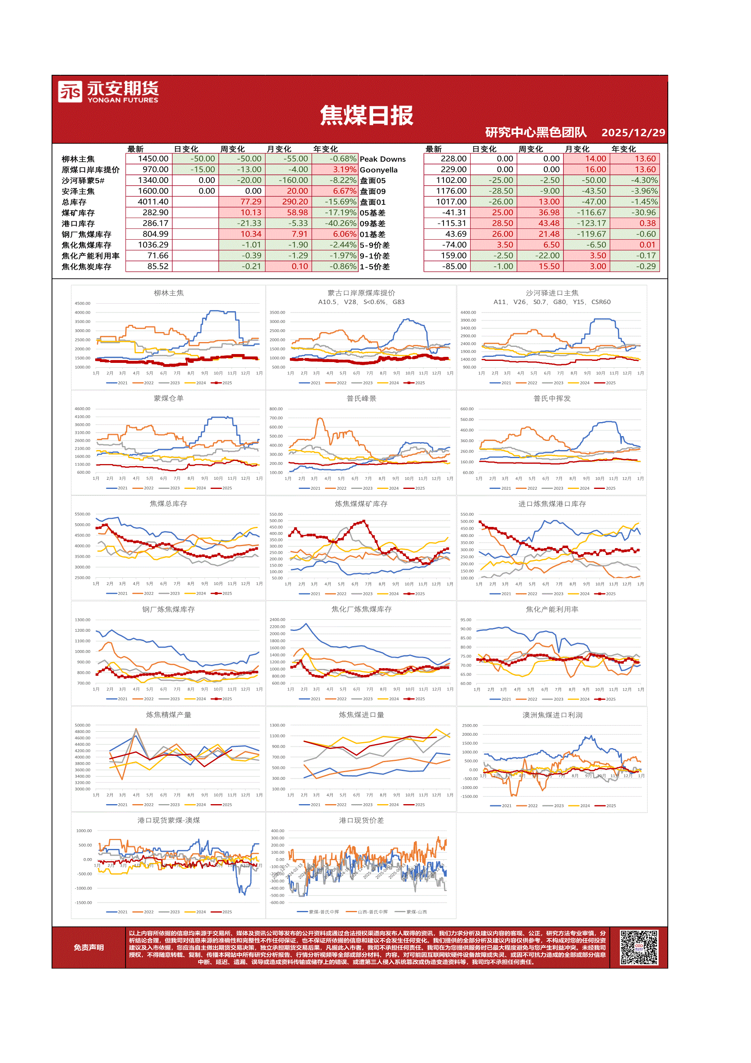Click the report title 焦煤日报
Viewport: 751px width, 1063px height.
(x=366, y=115)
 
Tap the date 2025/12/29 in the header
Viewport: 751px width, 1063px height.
(x=633, y=133)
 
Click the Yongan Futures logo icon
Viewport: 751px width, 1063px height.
(x=70, y=91)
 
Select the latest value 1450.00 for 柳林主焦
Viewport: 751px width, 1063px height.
(x=153, y=159)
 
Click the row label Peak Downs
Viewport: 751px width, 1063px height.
(x=382, y=159)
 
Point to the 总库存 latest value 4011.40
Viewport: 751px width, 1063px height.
(x=153, y=202)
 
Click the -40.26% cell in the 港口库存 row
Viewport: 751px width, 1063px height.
(x=342, y=224)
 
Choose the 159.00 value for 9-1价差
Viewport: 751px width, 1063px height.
(x=453, y=256)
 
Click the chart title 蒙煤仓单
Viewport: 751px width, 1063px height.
(x=168, y=398)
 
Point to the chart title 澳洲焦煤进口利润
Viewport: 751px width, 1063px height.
(x=552, y=715)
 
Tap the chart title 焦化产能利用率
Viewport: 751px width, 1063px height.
(x=551, y=610)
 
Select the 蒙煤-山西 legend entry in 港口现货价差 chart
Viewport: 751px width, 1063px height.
(x=416, y=912)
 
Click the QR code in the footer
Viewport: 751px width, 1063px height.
(x=639, y=947)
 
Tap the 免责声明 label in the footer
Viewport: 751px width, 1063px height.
(x=88, y=948)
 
